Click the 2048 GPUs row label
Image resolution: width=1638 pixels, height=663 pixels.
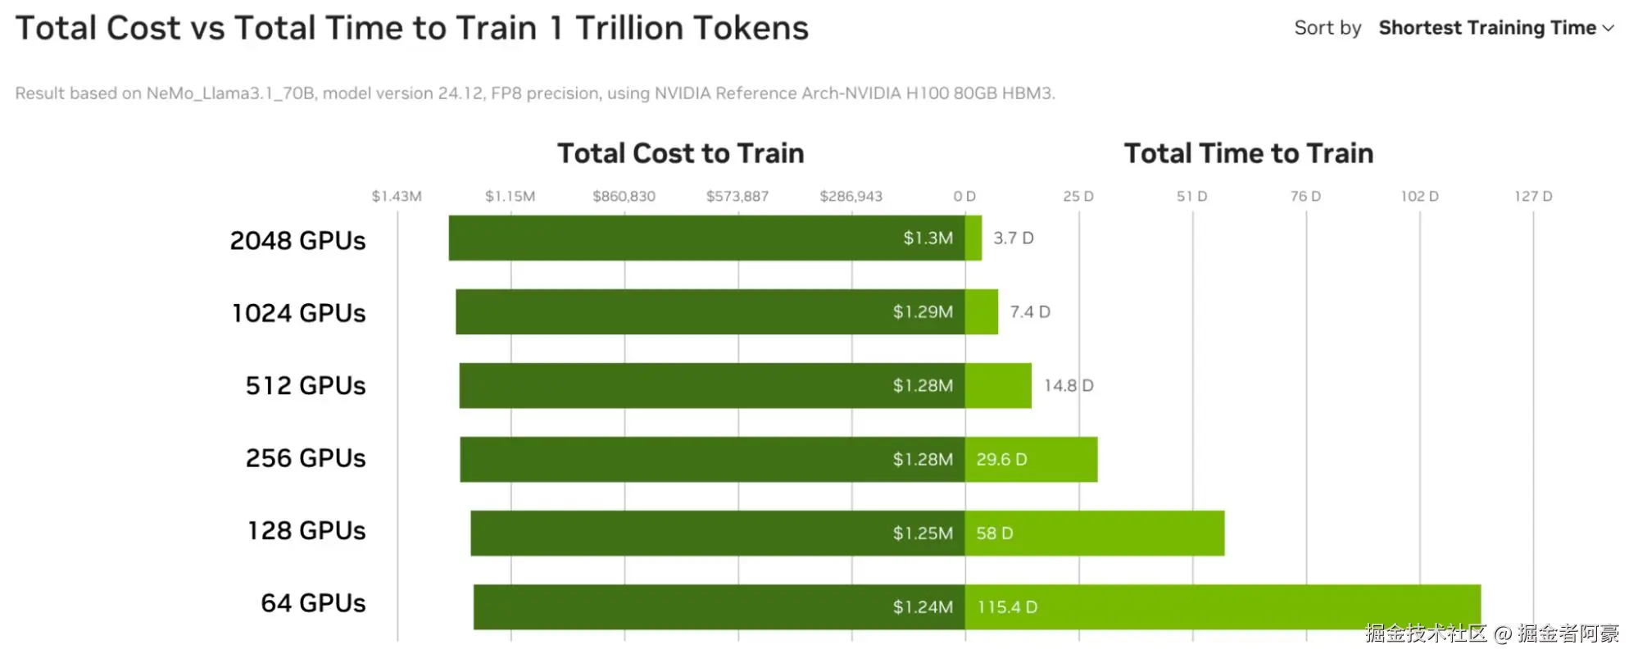(297, 240)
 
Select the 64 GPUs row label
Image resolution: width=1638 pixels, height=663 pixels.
(313, 603)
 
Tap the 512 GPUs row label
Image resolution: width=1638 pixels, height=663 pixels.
(306, 385)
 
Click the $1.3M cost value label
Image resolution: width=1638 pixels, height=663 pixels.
(928, 238)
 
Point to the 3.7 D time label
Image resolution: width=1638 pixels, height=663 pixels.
(1014, 238)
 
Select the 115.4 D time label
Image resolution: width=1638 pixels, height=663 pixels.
(1007, 607)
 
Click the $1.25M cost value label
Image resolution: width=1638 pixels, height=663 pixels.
(923, 534)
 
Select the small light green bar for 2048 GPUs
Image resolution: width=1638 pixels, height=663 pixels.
(973, 238)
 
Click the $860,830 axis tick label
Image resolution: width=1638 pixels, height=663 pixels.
(624, 197)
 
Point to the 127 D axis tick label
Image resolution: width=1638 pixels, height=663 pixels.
(1532, 197)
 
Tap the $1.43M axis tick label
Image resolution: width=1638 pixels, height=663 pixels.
(397, 197)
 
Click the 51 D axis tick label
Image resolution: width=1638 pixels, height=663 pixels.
(1191, 197)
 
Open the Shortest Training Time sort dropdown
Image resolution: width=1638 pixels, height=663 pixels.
(1495, 28)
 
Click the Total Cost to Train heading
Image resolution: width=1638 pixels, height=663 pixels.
(680, 153)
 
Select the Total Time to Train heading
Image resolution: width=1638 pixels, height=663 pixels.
(1248, 153)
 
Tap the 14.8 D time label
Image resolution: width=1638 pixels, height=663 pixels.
(1068, 386)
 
